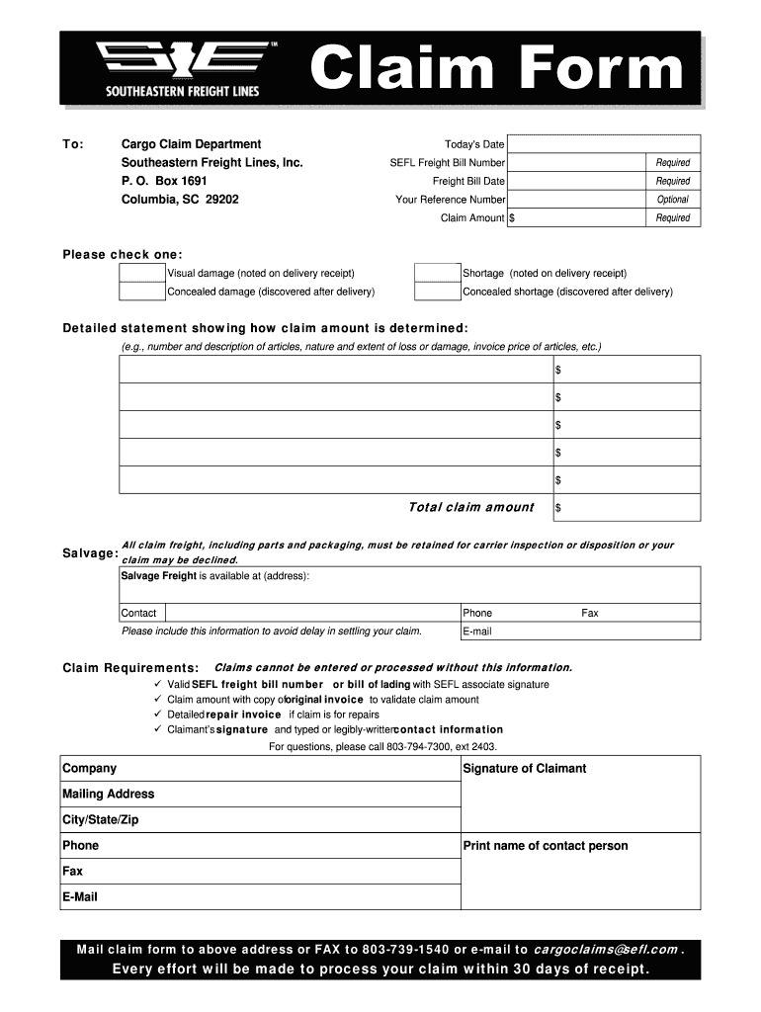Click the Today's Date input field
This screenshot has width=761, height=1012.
[604, 144]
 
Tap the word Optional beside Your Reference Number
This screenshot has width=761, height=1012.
[673, 200]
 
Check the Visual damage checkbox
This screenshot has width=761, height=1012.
[141, 274]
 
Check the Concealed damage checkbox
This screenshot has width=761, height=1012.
[141, 292]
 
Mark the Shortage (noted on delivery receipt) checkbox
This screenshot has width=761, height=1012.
[437, 274]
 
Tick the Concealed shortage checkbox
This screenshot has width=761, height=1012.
[437, 292]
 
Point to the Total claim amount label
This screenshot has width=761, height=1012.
[470, 508]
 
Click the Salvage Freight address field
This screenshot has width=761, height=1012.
[409, 589]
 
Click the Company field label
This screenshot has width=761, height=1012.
[90, 769]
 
